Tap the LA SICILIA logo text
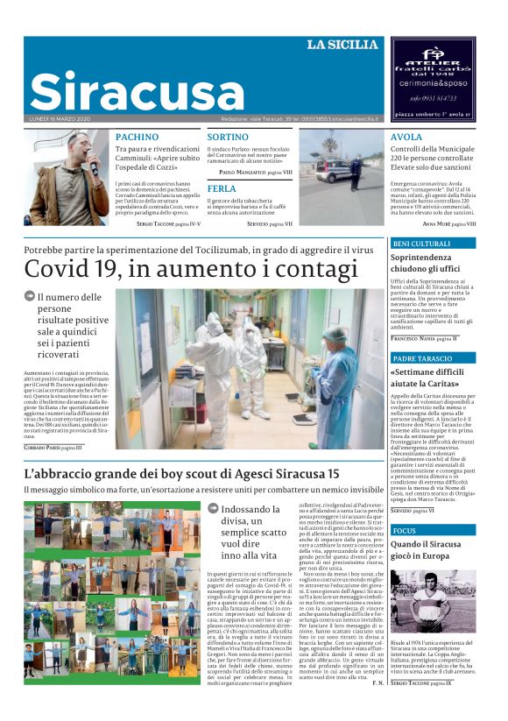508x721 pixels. click(x=342, y=45)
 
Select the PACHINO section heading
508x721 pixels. click(x=138, y=138)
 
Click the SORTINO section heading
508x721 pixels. click(x=228, y=138)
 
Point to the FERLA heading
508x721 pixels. click(x=222, y=188)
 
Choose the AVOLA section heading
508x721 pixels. click(x=406, y=138)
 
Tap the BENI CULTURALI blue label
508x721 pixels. click(x=422, y=243)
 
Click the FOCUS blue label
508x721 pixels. click(x=405, y=531)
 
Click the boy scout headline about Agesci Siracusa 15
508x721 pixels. click(x=181, y=474)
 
